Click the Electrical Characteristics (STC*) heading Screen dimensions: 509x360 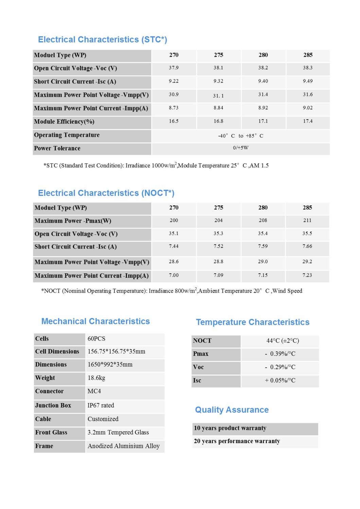(103, 40)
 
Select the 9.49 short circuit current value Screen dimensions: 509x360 (308, 81)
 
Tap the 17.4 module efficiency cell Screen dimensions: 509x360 (308, 121)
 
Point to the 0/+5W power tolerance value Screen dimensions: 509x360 (240, 148)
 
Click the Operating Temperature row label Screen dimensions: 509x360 (67, 135)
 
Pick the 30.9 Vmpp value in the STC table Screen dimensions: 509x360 (174, 95)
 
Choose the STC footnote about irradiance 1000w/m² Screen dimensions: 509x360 (156, 166)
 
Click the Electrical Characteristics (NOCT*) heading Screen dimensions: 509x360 (106, 193)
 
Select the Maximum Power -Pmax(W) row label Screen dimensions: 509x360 (73, 221)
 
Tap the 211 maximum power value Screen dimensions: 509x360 (307, 221)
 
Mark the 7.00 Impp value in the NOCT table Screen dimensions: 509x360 (174, 275)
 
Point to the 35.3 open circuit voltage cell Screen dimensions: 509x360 (218, 234)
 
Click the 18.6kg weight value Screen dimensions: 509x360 (96, 378)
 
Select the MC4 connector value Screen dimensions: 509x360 (94, 391)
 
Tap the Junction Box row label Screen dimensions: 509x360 (53, 405)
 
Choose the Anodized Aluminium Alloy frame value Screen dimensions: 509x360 (124, 446)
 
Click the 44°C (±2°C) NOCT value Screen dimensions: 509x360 (283, 341)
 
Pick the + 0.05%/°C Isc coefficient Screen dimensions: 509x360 (280, 381)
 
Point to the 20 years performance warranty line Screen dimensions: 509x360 (237, 441)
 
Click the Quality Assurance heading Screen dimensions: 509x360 (232, 410)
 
